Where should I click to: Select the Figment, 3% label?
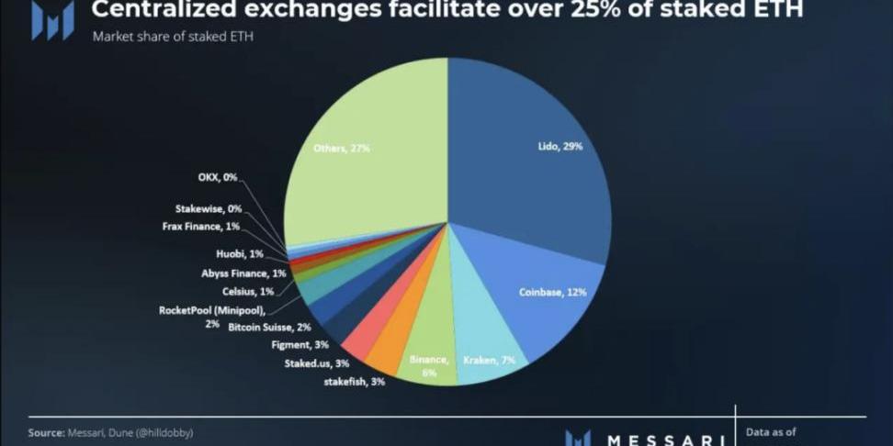299,344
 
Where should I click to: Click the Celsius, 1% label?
248,291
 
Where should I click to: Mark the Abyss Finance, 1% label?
243,273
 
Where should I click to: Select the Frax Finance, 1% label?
207,226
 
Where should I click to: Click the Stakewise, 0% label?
208,208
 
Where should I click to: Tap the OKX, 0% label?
218,177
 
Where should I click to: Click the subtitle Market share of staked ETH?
173,38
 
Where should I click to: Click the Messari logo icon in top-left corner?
52,19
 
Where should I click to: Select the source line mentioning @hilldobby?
110,431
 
